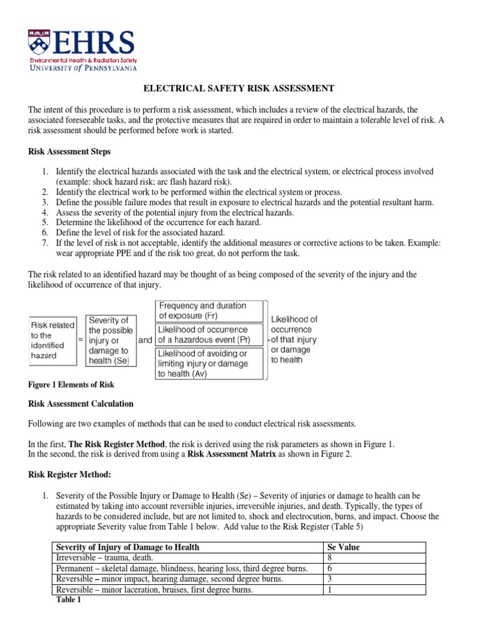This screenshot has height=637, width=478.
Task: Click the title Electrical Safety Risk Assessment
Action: [x=239, y=88]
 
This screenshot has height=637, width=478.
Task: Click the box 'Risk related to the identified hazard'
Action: [x=53, y=340]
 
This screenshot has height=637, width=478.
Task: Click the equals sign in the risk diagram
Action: [x=80, y=340]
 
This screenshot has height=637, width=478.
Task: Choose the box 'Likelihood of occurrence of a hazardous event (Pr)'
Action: [x=210, y=334]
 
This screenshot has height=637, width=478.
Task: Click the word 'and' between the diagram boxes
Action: [x=144, y=340]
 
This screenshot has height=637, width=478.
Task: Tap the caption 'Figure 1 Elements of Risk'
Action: [x=71, y=385]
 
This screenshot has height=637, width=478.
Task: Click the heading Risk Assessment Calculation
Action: [x=81, y=404]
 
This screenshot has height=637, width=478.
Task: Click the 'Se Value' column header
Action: [x=343, y=547]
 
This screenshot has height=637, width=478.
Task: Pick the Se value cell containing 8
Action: [x=330, y=558]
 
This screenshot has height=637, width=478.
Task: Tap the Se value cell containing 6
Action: [x=330, y=569]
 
